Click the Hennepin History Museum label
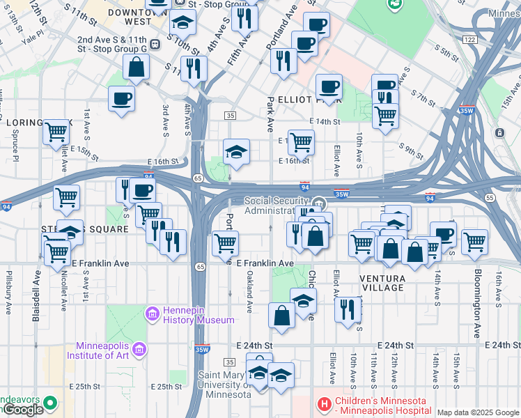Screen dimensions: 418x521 (199, 314)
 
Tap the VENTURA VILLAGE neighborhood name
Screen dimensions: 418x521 (382, 283)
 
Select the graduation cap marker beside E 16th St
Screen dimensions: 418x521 (236, 153)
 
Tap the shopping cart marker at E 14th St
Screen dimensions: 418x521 (301, 141)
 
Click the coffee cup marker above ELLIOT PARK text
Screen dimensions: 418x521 (329, 87)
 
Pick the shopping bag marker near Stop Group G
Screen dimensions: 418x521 (137, 67)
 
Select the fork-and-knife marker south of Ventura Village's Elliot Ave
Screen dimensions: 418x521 (347, 309)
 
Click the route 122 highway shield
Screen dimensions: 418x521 (470, 40)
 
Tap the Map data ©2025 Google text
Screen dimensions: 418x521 (478, 412)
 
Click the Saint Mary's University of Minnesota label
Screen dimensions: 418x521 (222, 385)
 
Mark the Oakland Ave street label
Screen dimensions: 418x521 (249, 293)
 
